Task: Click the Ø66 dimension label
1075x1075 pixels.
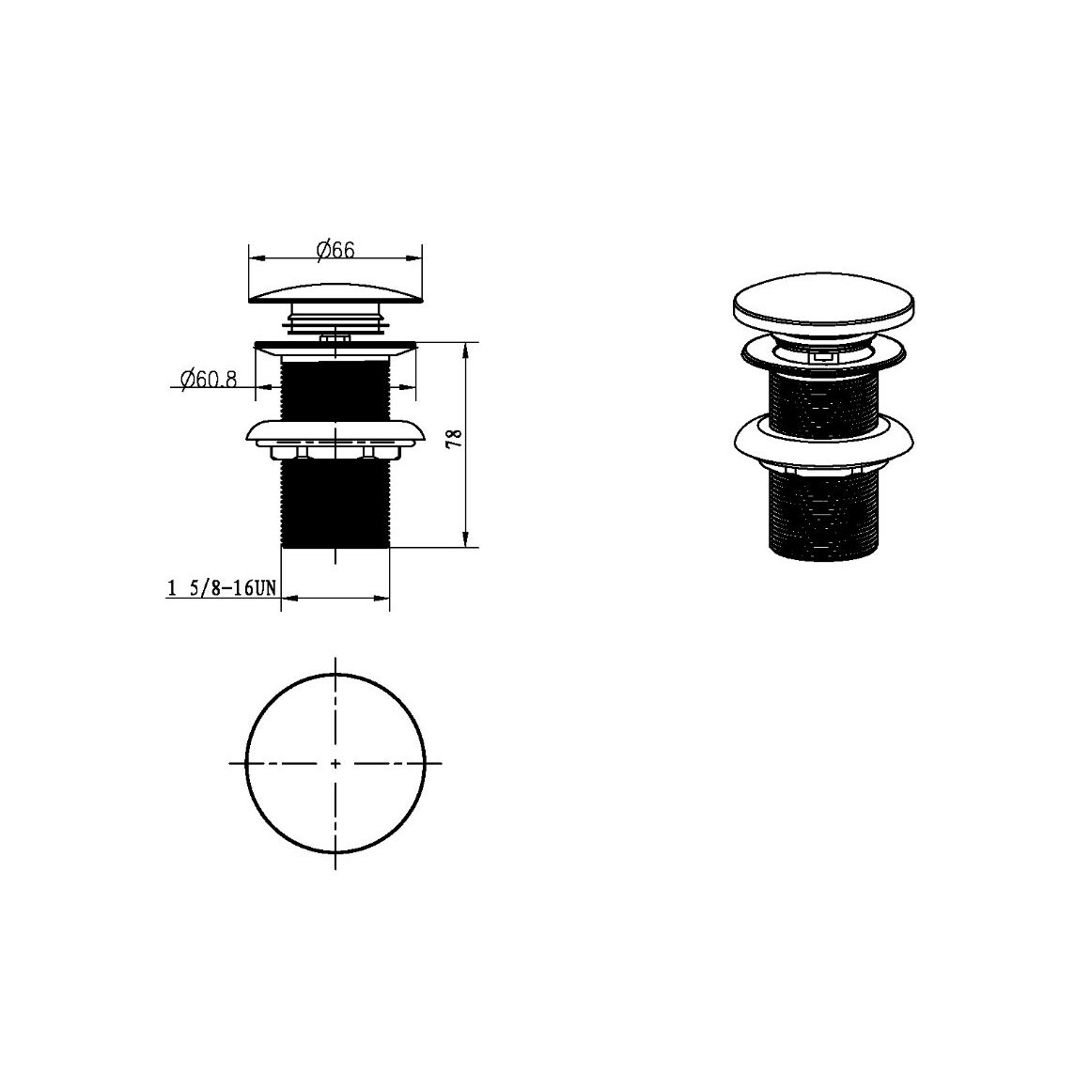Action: (335, 250)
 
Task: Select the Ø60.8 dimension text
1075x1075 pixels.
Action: (209, 378)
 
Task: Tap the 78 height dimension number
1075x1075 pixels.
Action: (454, 438)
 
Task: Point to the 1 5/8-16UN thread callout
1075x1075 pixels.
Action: (222, 587)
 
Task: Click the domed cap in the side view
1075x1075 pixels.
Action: (335, 293)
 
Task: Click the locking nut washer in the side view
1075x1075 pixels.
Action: (335, 437)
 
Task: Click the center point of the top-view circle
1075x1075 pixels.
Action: (335, 763)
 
